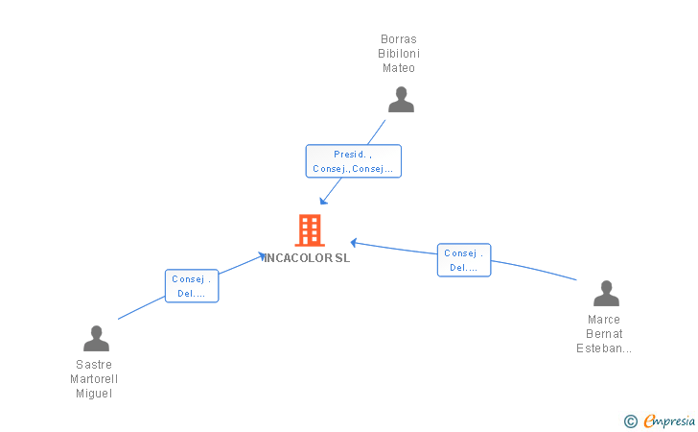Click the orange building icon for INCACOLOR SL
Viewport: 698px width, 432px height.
(309, 230)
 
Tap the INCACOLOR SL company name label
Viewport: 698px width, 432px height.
(308, 258)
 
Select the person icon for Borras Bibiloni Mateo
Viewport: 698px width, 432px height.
(401, 99)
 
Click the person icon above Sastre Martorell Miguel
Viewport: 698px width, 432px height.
(96, 338)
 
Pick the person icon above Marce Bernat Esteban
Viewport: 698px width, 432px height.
(606, 293)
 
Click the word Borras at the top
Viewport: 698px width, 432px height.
(399, 39)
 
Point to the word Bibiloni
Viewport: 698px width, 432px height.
(399, 54)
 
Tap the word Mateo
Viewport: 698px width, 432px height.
(399, 68)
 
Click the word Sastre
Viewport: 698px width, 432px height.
(94, 365)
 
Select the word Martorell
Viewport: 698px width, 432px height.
(94, 379)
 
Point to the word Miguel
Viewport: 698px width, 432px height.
(94, 394)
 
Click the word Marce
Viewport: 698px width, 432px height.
(604, 320)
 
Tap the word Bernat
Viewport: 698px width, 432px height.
(604, 334)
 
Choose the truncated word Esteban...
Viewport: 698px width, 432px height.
(604, 348)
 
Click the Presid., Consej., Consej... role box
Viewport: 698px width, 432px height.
(353, 161)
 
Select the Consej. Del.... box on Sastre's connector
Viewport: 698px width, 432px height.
(192, 286)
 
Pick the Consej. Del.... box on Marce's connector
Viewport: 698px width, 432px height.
(464, 260)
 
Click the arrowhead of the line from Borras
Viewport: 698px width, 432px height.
(323, 201)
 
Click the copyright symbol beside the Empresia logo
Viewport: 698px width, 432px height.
(631, 420)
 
